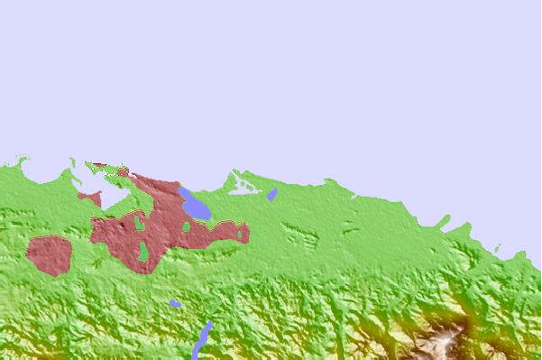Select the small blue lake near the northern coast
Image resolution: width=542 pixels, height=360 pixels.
[x=271, y=194]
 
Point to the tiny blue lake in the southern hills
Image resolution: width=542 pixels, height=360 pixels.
[x=175, y=303]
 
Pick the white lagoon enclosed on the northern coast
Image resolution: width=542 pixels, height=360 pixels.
[x=244, y=187]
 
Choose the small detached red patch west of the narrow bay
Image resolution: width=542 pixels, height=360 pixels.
[x=88, y=196]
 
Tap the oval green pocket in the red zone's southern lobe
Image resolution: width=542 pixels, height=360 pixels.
[x=142, y=252]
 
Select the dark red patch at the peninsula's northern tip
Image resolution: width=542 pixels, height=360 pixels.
[x=120, y=170]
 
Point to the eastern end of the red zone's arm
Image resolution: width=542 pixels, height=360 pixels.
[x=246, y=233]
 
